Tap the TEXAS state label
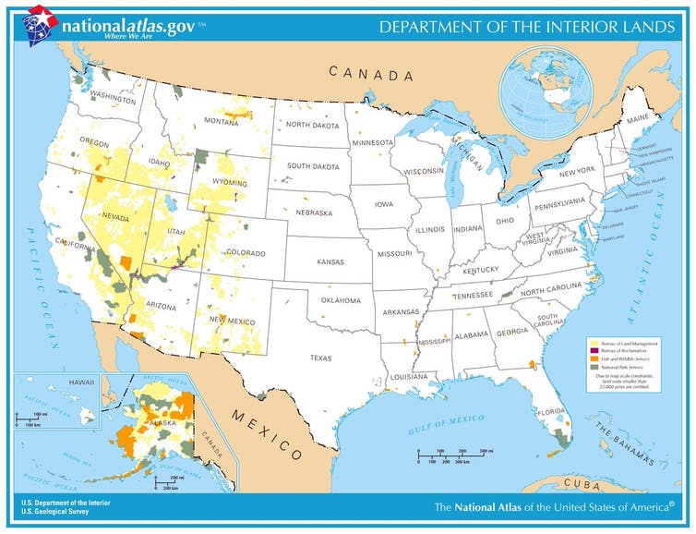tap(320, 358)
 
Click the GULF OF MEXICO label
tap(447, 425)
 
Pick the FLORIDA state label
tap(552, 411)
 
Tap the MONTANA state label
tap(221, 122)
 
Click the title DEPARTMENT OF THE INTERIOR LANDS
tap(527, 28)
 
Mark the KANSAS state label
tap(330, 261)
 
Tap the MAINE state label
tap(638, 120)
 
